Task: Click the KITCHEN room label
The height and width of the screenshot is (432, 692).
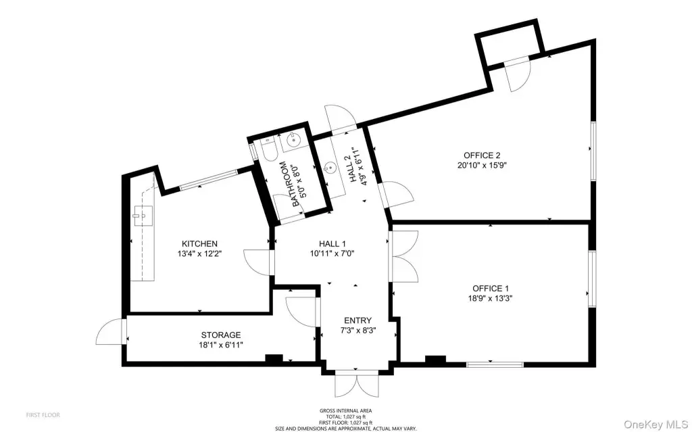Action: (x=199, y=244)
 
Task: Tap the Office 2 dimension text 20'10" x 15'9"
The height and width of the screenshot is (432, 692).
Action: (x=481, y=166)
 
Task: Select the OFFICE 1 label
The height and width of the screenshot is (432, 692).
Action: (x=490, y=289)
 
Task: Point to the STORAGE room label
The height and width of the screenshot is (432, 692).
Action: (x=221, y=335)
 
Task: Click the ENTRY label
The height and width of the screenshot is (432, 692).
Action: (x=357, y=320)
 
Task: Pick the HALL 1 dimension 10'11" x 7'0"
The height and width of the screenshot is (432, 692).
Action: (x=332, y=254)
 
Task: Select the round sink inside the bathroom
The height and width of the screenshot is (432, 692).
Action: (x=293, y=140)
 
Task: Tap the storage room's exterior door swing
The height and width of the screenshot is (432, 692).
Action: (x=110, y=331)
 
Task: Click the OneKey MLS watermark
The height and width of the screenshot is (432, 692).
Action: (x=656, y=425)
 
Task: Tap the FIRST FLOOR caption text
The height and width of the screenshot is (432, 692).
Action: (x=43, y=415)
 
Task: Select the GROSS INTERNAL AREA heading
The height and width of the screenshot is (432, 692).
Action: (x=345, y=411)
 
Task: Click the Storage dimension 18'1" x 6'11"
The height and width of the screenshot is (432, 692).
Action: (x=221, y=345)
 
